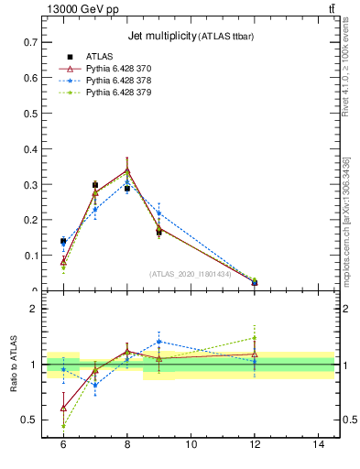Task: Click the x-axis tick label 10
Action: pos(191,443)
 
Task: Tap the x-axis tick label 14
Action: pos(319,443)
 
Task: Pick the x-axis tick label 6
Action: pos(63,443)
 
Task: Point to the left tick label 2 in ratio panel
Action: pos(37,309)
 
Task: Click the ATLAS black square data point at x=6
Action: pos(63,242)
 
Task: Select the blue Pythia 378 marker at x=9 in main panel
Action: pos(158,213)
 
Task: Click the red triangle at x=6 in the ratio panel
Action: pos(63,408)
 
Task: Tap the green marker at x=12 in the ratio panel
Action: pos(255,338)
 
